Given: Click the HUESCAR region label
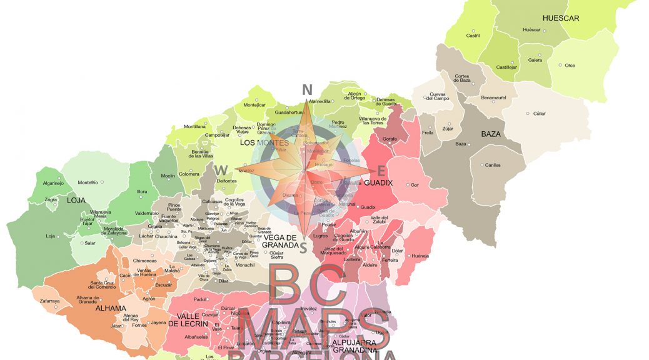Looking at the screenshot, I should tap(561, 18).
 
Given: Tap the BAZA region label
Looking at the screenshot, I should tap(491, 134).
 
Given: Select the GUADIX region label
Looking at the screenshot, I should tap(378, 182).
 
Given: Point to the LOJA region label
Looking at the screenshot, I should tap(76, 201).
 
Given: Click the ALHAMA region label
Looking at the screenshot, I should tap(111, 308).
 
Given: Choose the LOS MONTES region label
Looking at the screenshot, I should tap(264, 142).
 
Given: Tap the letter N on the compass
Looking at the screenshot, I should tap(307, 89).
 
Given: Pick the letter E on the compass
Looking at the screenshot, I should tap(381, 171).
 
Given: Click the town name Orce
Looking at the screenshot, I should tap(570, 65).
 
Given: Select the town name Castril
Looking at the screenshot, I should tap(473, 36).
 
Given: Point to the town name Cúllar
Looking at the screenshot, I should tap(540, 114).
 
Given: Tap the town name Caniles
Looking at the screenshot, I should tap(493, 165).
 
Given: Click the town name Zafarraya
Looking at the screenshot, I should tap(51, 301).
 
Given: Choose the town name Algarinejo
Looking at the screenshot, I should tap(53, 183).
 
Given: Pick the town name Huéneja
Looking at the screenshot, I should tap(420, 256).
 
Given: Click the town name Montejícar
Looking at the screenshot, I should tap(254, 104).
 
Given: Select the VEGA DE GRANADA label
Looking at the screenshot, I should tap(279, 241).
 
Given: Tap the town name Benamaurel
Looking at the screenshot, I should tap(498, 98).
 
